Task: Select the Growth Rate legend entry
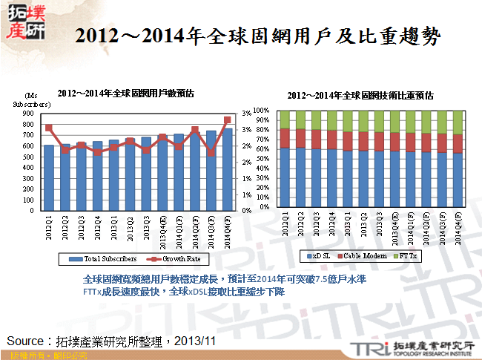tap(177, 259)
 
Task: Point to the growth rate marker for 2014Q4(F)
tap(228, 120)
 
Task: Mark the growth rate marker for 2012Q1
tap(49, 128)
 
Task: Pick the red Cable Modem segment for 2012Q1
tap(285, 138)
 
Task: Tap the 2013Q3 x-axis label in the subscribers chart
tap(146, 224)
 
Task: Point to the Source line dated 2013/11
tap(111, 341)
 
